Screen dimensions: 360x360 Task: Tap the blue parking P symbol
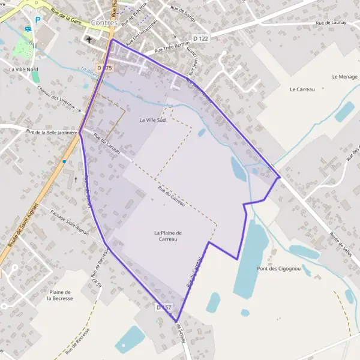click(x=37, y=20)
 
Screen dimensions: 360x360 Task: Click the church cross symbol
click(x=89, y=40)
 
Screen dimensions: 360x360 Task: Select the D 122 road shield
click(x=200, y=38)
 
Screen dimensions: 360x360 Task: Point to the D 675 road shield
click(x=104, y=68)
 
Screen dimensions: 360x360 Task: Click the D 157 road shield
click(x=164, y=307)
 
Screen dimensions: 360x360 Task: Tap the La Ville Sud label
click(x=152, y=120)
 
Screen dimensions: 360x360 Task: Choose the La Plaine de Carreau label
click(x=168, y=236)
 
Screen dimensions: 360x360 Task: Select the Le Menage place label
click(x=344, y=77)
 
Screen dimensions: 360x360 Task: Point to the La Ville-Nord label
click(x=23, y=70)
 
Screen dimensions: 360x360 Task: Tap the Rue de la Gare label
click(x=65, y=19)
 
